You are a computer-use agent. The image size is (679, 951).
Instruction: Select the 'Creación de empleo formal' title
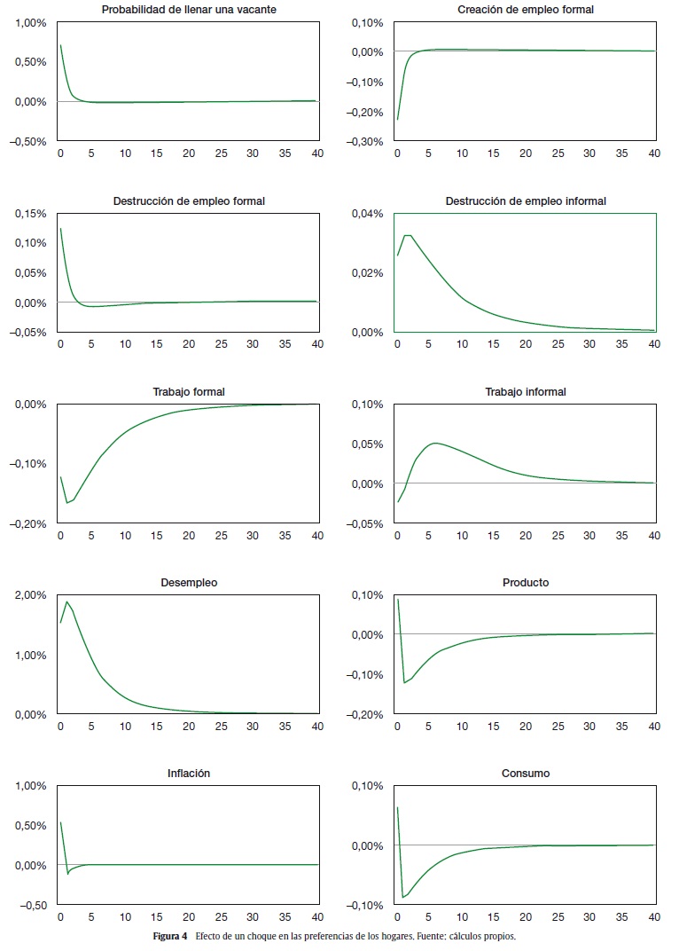tap(526, 10)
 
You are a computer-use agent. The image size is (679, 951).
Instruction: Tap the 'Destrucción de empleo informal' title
tap(526, 201)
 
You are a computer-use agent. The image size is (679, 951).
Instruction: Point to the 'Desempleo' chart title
tap(189, 583)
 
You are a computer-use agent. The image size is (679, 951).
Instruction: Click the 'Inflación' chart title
tap(189, 774)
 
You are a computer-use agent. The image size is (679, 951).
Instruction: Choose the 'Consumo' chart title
tap(526, 774)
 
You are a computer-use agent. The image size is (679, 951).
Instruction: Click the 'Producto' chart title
tap(526, 583)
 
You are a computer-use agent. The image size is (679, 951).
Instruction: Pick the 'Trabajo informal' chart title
tap(526, 392)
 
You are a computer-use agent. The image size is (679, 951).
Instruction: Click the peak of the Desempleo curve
tap(66, 601)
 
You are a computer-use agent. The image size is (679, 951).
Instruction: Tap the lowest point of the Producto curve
tap(404, 682)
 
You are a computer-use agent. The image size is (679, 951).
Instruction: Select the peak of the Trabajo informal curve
tap(434, 443)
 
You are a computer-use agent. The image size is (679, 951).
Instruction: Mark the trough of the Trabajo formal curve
tap(66, 503)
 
